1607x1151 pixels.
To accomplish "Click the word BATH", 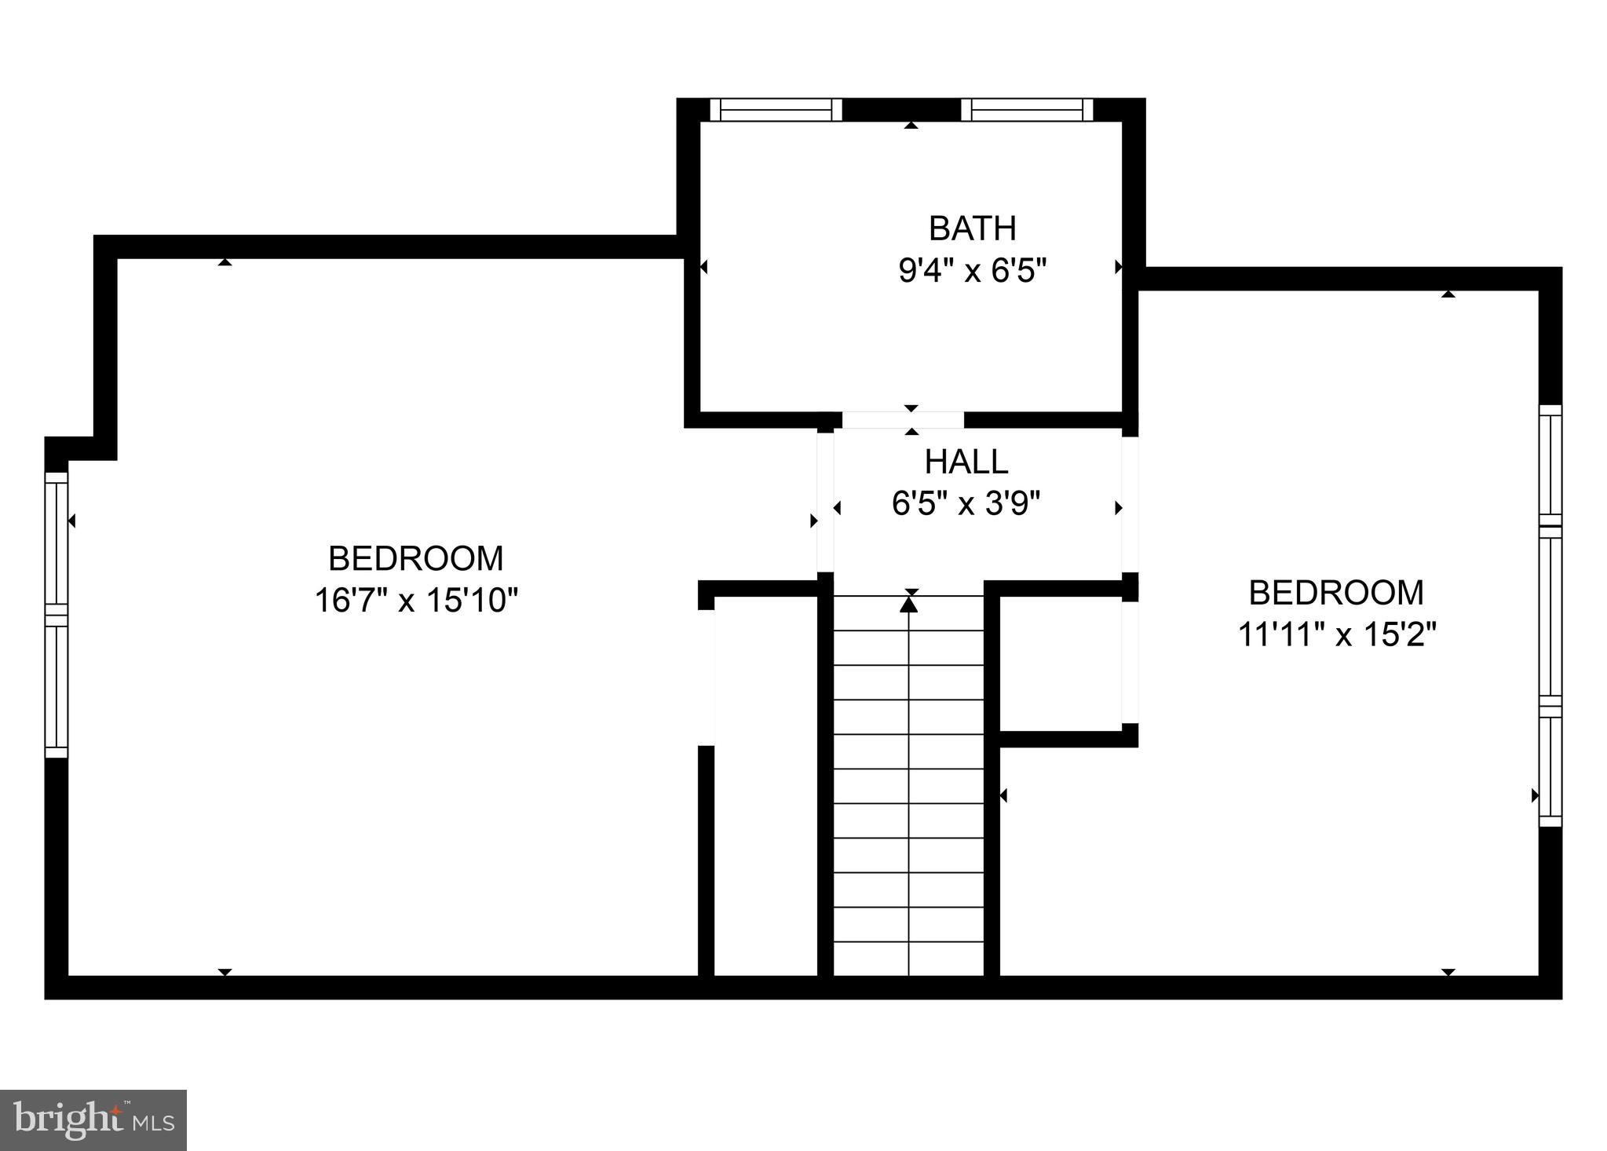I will pyautogui.click(x=972, y=228).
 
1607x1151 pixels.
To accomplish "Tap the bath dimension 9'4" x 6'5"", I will pyautogui.click(x=972, y=271).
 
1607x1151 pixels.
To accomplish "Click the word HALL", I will pyautogui.click(x=966, y=462).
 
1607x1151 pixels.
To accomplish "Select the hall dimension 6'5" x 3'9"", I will pyautogui.click(x=966, y=503).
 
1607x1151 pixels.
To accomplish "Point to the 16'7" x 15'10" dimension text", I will pyautogui.click(x=416, y=601).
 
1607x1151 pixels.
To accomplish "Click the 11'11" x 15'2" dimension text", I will pyautogui.click(x=1336, y=634).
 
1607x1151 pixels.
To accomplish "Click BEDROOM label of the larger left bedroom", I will pyautogui.click(x=415, y=559).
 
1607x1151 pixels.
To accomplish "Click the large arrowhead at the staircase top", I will pyautogui.click(x=908, y=604).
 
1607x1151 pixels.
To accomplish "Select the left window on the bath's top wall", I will pyautogui.click(x=776, y=110).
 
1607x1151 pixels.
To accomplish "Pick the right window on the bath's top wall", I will pyautogui.click(x=1027, y=110).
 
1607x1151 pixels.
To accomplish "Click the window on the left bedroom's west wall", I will pyautogui.click(x=57, y=615).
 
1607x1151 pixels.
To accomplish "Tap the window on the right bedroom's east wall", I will pyautogui.click(x=1550, y=616).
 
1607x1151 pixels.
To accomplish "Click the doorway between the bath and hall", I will pyautogui.click(x=903, y=420).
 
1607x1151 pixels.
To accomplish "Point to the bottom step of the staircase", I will pyautogui.click(x=908, y=959).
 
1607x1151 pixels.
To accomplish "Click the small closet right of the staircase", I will pyautogui.click(x=1060, y=663).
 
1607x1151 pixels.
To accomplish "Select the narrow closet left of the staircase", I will pyautogui.click(x=765, y=785).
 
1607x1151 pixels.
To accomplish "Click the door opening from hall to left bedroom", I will pyautogui.click(x=825, y=502).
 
